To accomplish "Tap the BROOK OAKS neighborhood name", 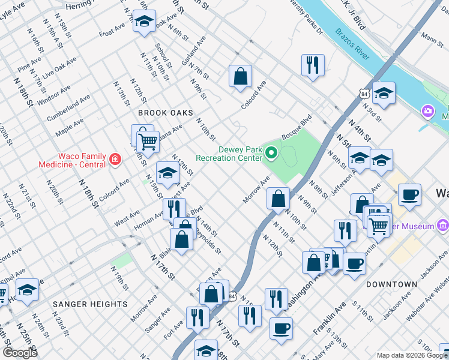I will coord(166,113).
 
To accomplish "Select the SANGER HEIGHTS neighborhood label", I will coord(91,304).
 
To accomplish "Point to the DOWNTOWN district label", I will coord(392,284).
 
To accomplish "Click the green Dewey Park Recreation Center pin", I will coord(271,154).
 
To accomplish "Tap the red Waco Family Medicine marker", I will coord(114,160).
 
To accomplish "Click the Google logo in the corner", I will coord(20,353).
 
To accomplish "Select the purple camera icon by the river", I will coord(427,110).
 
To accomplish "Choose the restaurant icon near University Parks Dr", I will coord(313,65).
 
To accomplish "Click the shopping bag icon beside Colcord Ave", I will coord(240,76).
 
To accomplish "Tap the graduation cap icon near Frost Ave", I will coord(144,22).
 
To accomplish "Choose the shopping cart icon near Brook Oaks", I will coord(148,143).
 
